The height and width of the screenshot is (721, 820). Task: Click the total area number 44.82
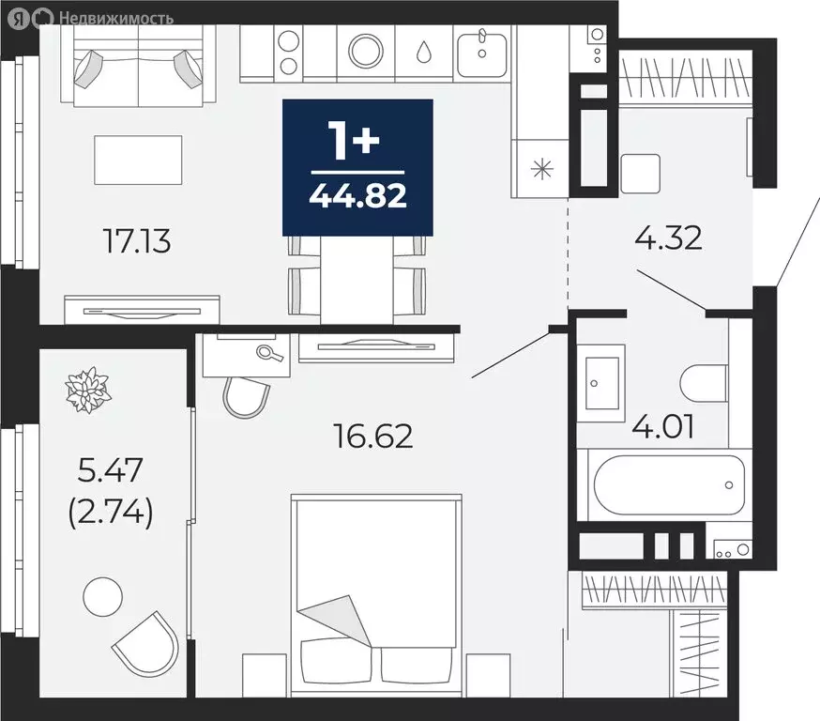click(x=357, y=196)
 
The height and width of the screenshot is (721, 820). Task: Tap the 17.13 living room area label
click(x=138, y=241)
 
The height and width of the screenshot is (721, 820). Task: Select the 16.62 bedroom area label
click(x=373, y=436)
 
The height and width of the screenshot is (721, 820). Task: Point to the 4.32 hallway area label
click(x=668, y=238)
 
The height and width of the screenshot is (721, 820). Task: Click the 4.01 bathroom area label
click(x=663, y=426)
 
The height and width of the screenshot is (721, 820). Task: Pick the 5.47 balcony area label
click(x=111, y=469)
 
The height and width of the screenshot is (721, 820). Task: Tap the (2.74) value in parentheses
click(x=111, y=512)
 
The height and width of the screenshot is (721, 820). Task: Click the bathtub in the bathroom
click(x=669, y=484)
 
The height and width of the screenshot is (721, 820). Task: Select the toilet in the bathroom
click(x=704, y=384)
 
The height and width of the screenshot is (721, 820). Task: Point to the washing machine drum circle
click(x=366, y=52)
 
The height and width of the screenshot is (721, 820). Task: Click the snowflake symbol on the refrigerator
click(x=541, y=169)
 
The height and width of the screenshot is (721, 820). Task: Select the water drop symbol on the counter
click(x=424, y=52)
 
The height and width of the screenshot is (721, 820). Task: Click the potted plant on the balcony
click(x=88, y=390)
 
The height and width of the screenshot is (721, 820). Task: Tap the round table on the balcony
click(x=103, y=596)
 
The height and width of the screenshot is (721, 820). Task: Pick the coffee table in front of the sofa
click(x=138, y=161)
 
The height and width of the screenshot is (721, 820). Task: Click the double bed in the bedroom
click(x=376, y=595)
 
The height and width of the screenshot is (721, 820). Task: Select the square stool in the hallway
click(x=640, y=174)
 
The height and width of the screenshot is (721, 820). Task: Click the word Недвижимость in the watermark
click(x=116, y=19)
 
